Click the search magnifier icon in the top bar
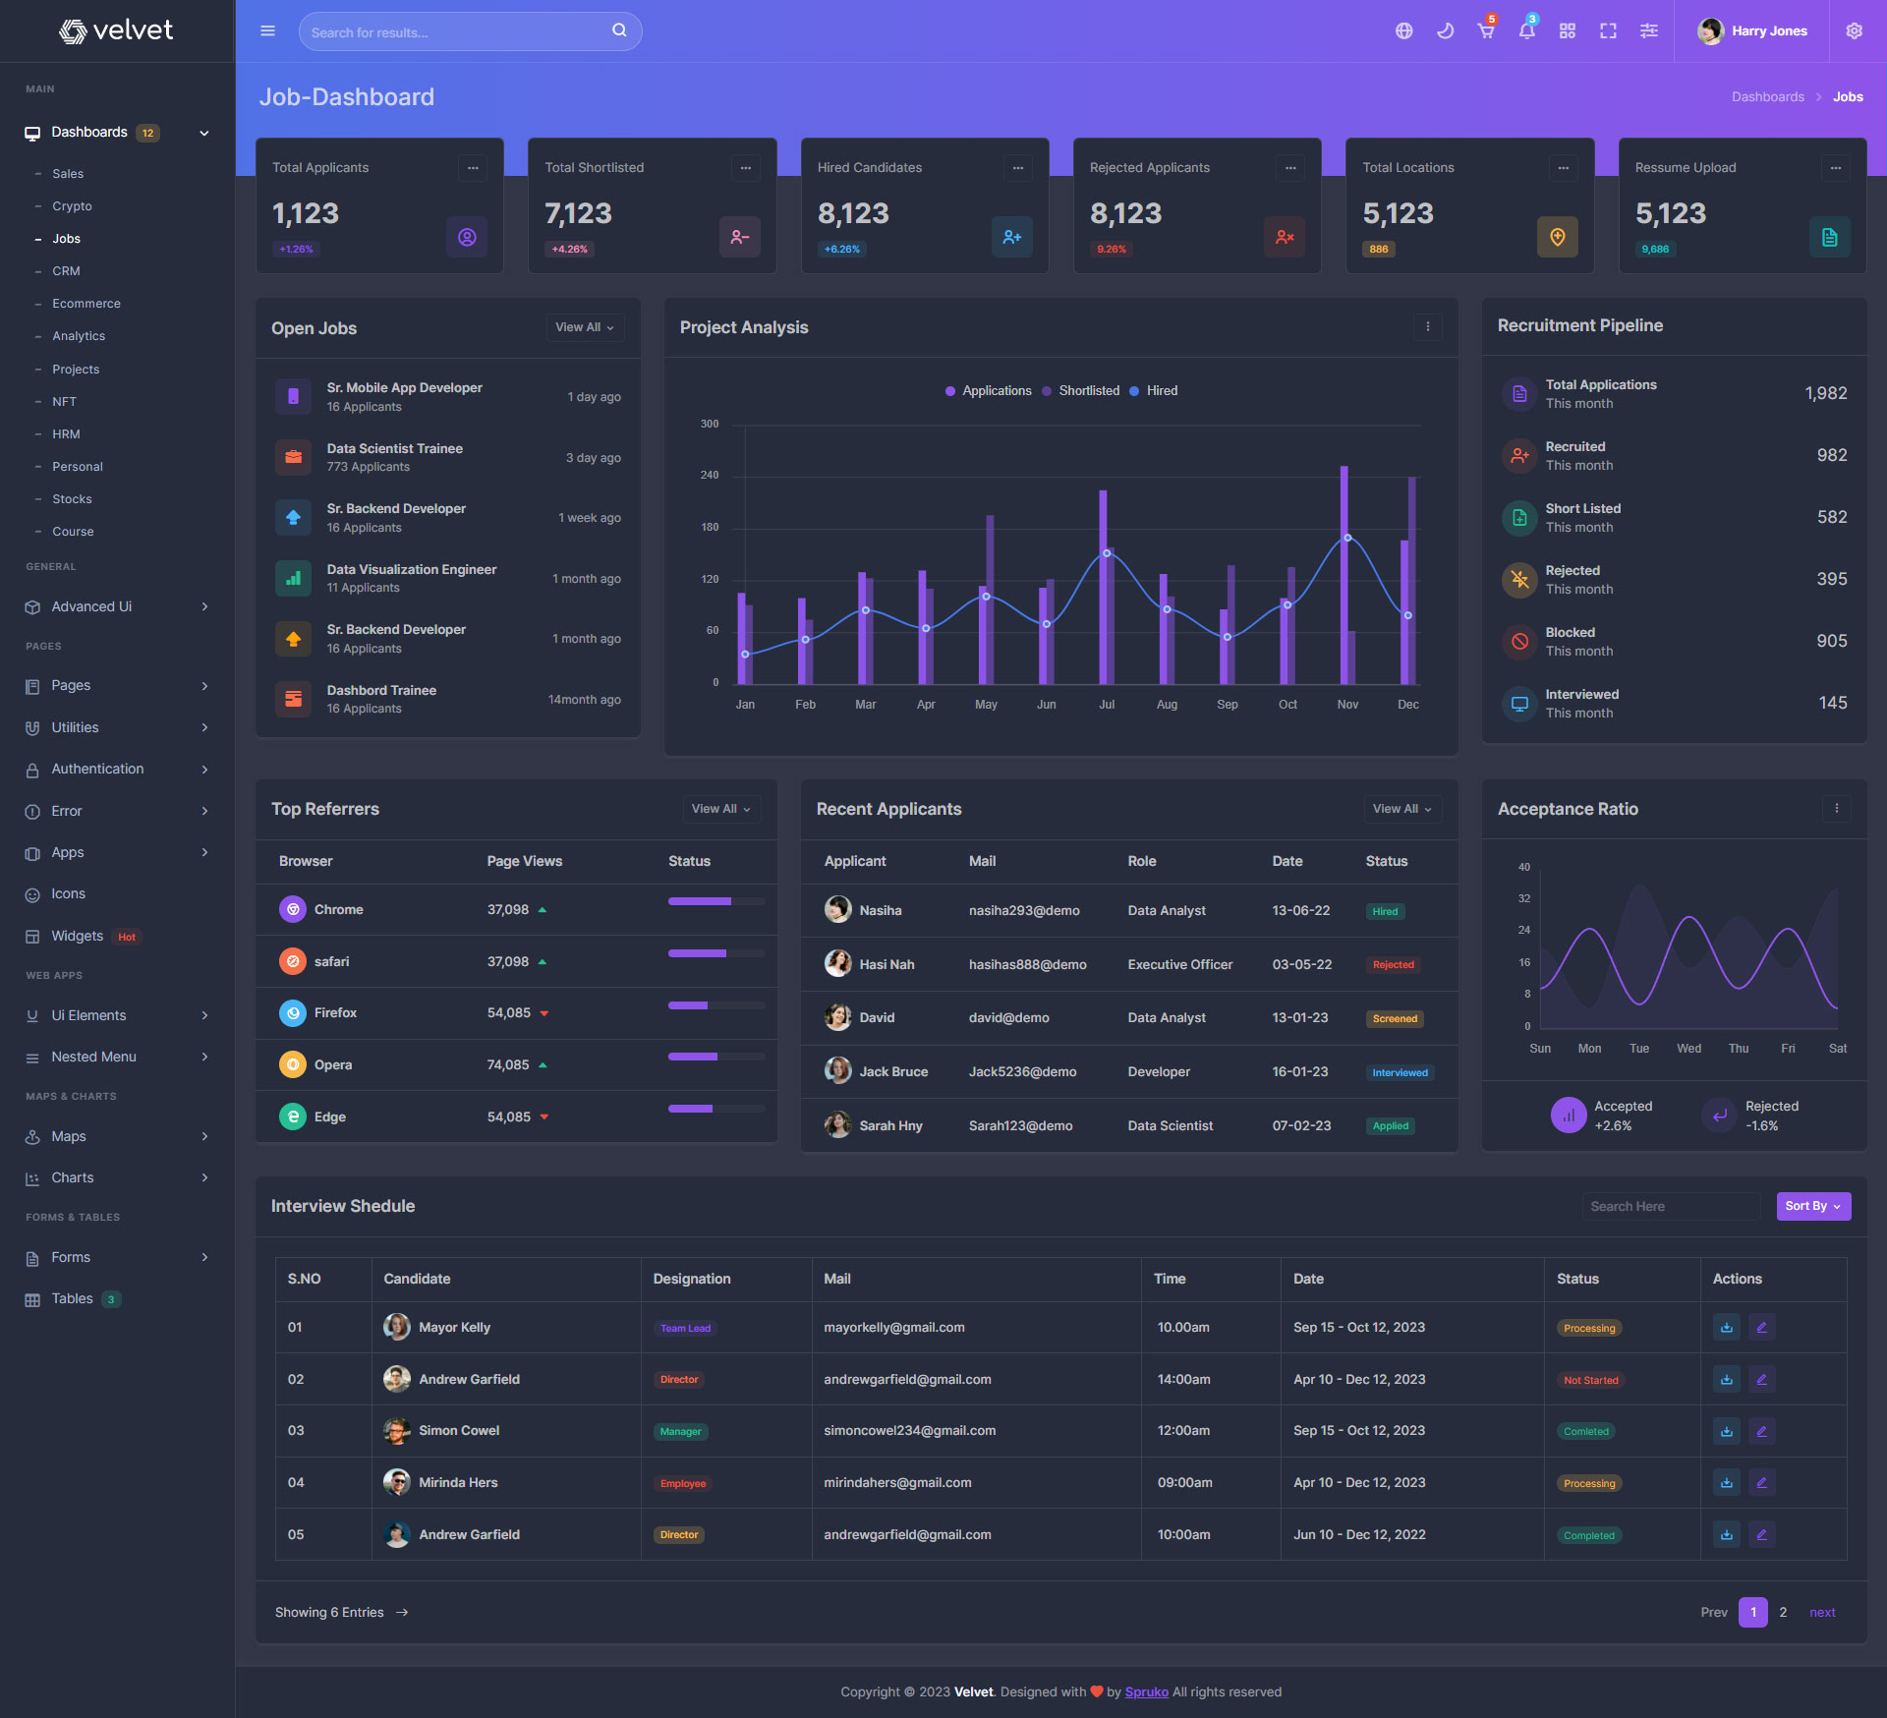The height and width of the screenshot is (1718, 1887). tap(619, 30)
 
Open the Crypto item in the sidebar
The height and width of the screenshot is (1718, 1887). tap(72, 206)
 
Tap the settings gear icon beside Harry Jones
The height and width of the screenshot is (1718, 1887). tap(1854, 31)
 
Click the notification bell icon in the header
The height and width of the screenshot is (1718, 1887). tap(1526, 31)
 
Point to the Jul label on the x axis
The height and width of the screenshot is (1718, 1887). tap(1107, 705)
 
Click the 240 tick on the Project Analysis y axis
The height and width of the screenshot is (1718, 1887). tap(710, 476)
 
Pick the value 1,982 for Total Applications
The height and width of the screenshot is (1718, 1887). tap(1825, 393)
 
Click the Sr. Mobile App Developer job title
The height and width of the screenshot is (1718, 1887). tap(404, 388)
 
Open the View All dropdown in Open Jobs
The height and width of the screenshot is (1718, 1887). tap(585, 327)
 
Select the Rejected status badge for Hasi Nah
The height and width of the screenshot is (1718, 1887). tap(1393, 965)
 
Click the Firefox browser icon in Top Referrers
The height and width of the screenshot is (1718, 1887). tap(293, 1013)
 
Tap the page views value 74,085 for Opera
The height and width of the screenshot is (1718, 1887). tap(508, 1065)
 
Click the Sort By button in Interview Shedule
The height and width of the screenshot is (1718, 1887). tap(1812, 1206)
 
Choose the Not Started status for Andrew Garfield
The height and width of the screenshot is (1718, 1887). tap(1590, 1380)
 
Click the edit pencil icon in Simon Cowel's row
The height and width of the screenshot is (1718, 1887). tap(1761, 1431)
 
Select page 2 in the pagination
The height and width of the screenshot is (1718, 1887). tap(1783, 1613)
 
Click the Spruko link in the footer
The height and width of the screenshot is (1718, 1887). tap(1146, 1692)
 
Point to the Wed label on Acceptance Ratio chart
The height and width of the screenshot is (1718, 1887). tap(1688, 1049)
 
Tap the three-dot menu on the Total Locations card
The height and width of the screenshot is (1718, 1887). tap(1563, 168)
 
